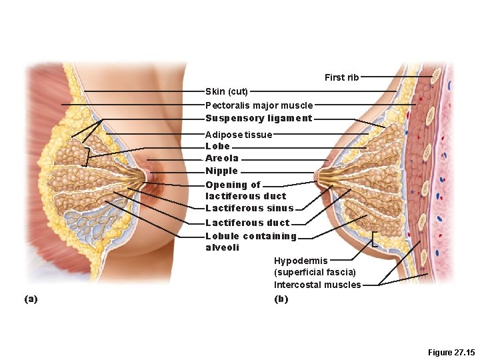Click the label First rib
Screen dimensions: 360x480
(341, 77)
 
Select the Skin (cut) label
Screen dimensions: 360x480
(227, 91)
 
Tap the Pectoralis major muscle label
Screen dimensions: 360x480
(259, 105)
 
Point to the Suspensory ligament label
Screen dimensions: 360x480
(259, 119)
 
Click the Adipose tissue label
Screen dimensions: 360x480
(239, 135)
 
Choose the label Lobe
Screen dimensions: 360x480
(217, 146)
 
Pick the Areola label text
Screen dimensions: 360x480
(221, 159)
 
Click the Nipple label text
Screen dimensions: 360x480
(221, 171)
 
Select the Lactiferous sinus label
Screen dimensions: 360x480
(249, 209)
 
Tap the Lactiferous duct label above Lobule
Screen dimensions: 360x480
(247, 223)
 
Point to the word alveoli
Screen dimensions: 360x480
(222, 248)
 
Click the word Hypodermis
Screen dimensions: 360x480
(301, 261)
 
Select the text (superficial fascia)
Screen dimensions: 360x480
(315, 272)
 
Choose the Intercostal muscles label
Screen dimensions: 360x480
(317, 285)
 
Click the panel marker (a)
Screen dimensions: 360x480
(31, 299)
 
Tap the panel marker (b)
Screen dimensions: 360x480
(281, 299)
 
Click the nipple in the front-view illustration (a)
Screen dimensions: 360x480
(145, 177)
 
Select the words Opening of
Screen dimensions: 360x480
(233, 185)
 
